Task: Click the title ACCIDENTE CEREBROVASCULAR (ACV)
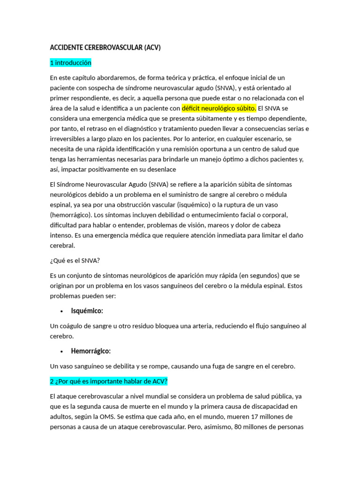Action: pyautogui.click(x=105, y=48)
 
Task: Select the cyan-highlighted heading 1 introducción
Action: pyautogui.click(x=70, y=63)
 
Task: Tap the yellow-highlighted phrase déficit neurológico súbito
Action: pyautogui.click(x=219, y=108)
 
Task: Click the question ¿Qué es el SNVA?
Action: pyautogui.click(x=75, y=260)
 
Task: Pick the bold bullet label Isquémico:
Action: pyautogui.click(x=87, y=311)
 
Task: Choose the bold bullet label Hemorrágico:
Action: pyautogui.click(x=91, y=351)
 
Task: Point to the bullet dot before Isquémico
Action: pyautogui.click(x=62, y=311)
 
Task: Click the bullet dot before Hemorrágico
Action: pyautogui.click(x=62, y=352)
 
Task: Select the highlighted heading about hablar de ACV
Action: pyautogui.click(x=108, y=382)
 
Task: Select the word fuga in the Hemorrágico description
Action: pyautogui.click(x=206, y=366)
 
